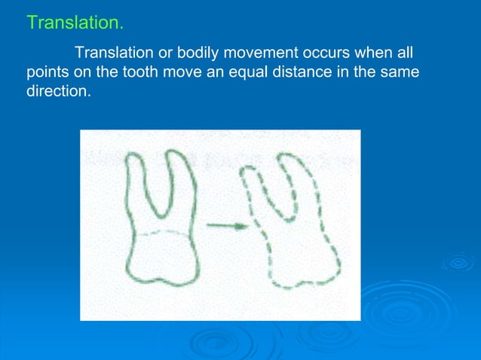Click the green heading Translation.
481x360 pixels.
tap(75, 23)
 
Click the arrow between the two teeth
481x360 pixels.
tap(227, 225)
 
